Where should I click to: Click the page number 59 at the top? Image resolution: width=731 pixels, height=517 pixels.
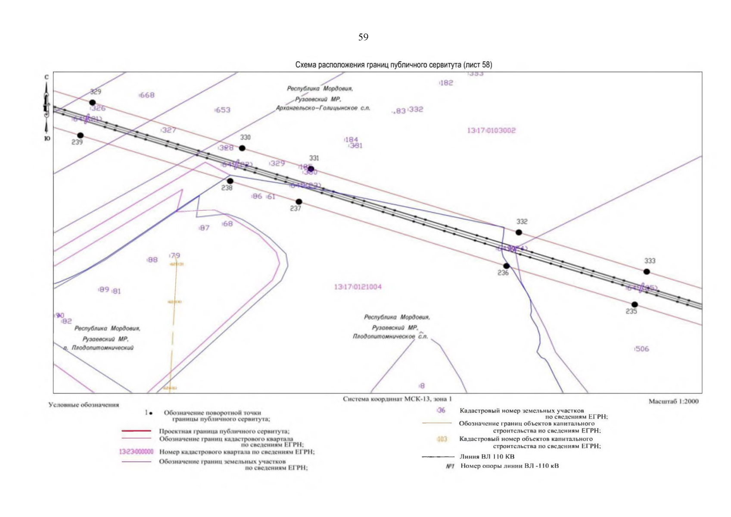pos(363,37)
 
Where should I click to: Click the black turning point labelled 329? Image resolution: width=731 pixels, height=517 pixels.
pos(92,103)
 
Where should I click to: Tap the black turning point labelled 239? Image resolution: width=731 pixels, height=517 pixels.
pos(80,135)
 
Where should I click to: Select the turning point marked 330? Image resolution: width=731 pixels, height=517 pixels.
pos(242,148)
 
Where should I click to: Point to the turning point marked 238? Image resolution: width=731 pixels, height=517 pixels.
pos(230,181)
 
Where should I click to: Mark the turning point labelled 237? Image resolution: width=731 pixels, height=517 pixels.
pos(299,202)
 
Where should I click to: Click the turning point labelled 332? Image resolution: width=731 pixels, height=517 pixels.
pos(519,232)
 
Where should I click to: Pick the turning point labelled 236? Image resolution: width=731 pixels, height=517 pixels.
pos(507,266)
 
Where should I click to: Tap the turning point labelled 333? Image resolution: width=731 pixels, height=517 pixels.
pos(647,271)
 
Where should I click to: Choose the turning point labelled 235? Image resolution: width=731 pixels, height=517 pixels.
pos(635,305)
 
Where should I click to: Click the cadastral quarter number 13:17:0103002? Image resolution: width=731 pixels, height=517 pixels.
pos(491,131)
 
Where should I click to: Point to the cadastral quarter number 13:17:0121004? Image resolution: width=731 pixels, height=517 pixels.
pos(358,287)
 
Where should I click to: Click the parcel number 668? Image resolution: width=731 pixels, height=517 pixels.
pos(146,95)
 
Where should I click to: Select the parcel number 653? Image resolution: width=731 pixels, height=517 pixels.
pos(223,110)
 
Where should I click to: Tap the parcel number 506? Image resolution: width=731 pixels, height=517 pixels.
pos(641,349)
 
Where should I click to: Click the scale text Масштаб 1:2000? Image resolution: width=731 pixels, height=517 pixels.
pos(673,402)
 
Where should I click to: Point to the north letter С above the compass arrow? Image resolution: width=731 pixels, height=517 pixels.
pos(47,78)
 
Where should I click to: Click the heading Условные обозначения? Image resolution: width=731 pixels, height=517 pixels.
pos(84,405)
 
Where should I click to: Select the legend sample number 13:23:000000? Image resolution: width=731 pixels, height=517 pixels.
pos(136,452)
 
